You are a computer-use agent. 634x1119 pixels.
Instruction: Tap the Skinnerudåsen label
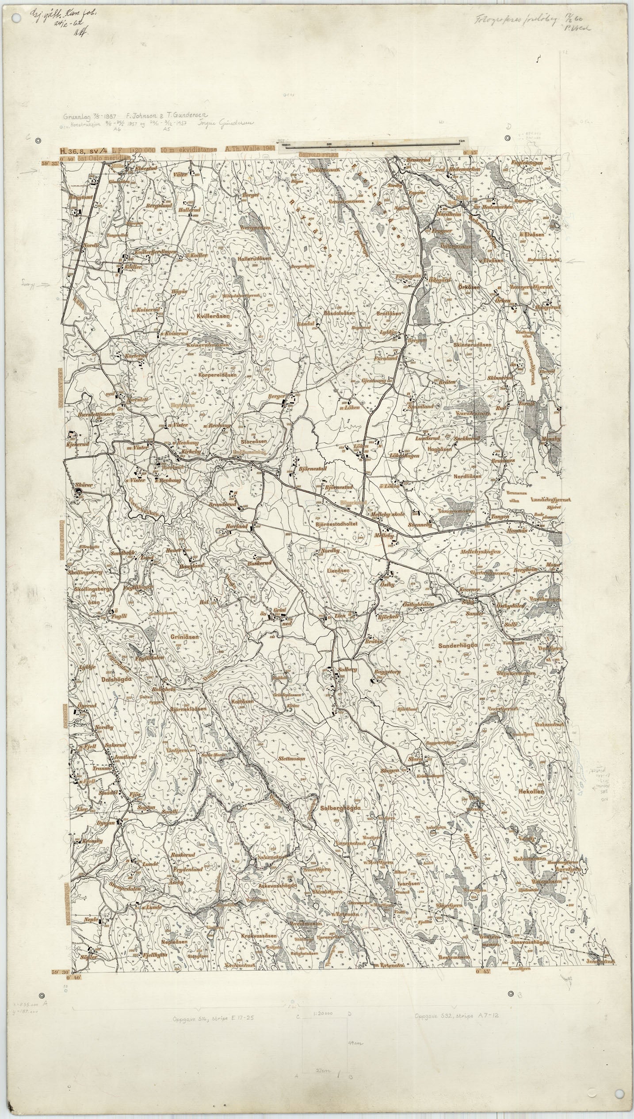tap(472, 344)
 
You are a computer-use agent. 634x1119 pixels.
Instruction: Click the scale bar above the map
tap(372, 144)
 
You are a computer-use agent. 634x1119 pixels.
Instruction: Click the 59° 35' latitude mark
tap(53, 164)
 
